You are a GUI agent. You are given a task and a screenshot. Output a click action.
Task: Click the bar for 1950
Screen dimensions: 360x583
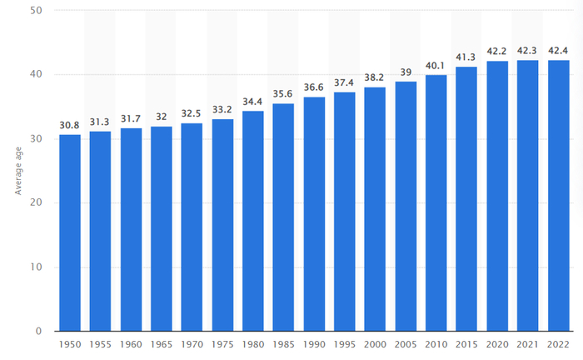click(69, 232)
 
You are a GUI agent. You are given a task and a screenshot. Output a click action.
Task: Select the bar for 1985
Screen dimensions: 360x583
click(283, 217)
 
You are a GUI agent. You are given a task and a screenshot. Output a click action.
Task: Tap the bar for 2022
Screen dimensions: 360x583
click(558, 195)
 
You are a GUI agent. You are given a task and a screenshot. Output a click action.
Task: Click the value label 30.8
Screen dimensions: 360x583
click(69, 125)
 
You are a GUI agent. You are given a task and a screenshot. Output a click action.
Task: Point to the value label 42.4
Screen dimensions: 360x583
click(558, 51)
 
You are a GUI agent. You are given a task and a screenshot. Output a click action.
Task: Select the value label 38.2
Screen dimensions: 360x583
click(375, 77)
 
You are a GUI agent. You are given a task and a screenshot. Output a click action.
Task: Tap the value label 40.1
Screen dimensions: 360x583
click(436, 66)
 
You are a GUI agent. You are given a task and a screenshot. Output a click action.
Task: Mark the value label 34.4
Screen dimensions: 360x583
click(252, 102)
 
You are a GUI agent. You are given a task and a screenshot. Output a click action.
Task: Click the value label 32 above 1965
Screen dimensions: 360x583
click(161, 117)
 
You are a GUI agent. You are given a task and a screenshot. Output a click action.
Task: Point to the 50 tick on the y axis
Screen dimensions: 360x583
click(37, 10)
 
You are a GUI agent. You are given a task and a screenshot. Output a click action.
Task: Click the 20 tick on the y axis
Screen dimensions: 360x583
click(37, 202)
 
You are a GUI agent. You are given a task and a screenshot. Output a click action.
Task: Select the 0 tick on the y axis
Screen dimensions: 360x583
click(39, 332)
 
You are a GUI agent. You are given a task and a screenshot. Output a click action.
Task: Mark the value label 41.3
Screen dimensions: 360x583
click(466, 57)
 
